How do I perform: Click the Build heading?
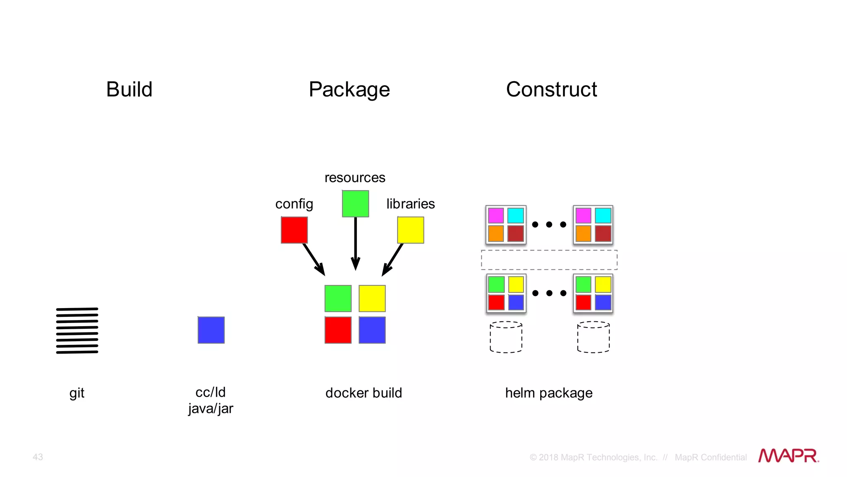[x=129, y=89]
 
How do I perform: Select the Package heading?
[x=349, y=89]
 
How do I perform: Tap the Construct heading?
[x=551, y=89]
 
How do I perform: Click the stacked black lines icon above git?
[x=77, y=330]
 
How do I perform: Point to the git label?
[x=77, y=393]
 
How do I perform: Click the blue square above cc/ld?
[x=211, y=330]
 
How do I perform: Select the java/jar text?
[x=211, y=409]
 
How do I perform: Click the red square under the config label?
[x=294, y=230]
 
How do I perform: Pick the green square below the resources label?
[x=355, y=204]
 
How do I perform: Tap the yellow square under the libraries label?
[x=410, y=230]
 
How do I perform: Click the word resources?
[x=355, y=178]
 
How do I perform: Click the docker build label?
[x=364, y=393]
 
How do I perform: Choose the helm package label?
[x=549, y=393]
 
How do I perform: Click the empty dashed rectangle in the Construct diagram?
[x=549, y=260]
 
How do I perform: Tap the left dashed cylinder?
[x=506, y=337]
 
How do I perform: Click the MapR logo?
[x=788, y=456]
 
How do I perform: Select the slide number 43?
[x=38, y=457]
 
